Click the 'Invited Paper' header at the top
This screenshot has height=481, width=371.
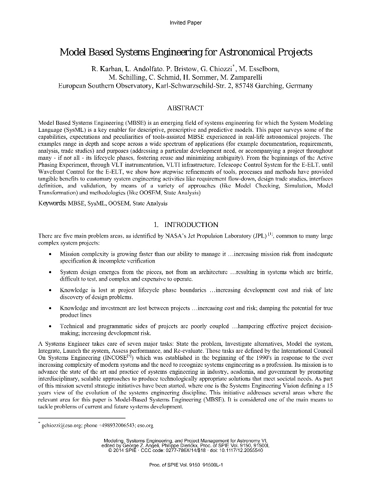(186, 23)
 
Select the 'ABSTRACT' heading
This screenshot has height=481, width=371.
(185, 108)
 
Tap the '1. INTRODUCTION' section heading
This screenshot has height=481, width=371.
(186, 224)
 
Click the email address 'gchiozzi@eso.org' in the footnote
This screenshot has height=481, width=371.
(62, 425)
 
